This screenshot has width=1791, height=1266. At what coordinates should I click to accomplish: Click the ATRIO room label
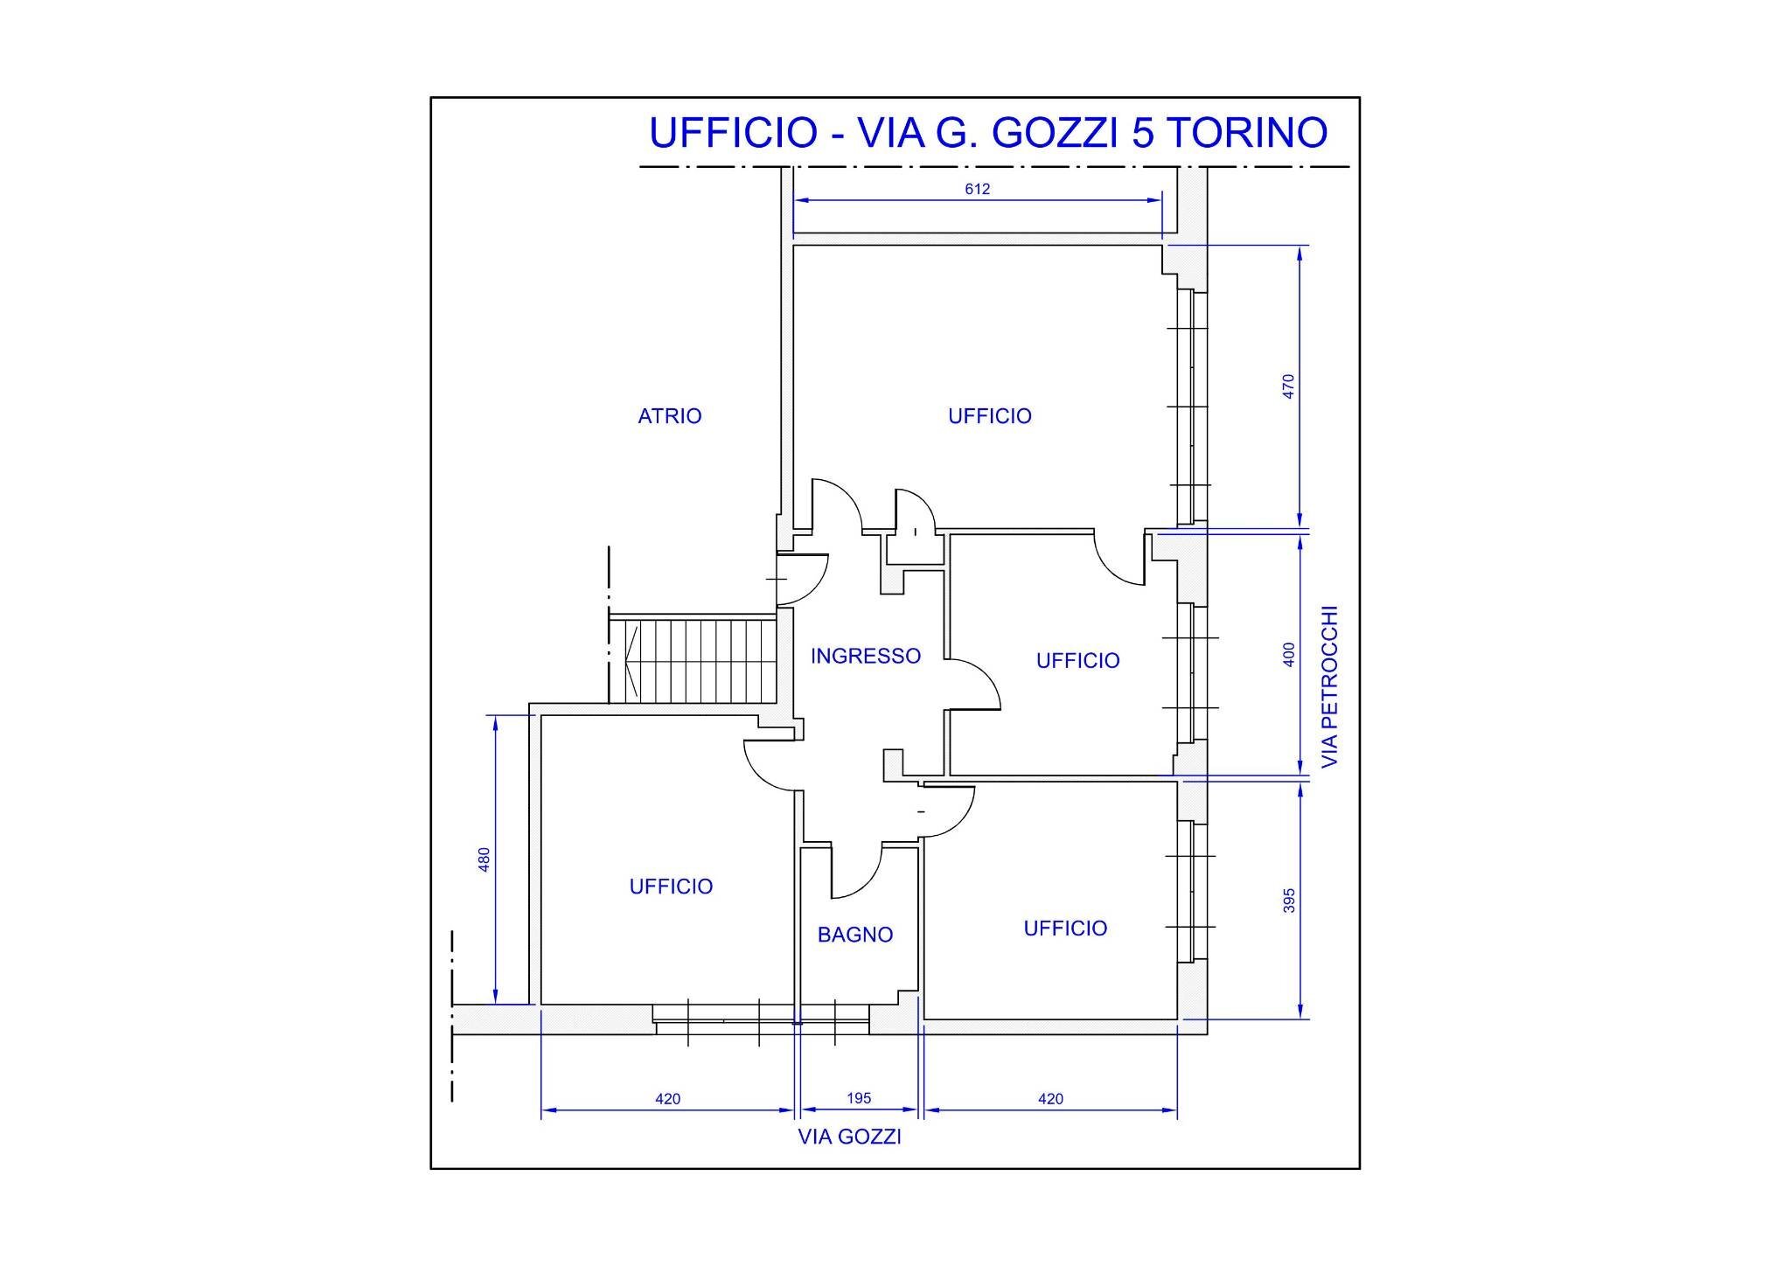pyautogui.click(x=669, y=416)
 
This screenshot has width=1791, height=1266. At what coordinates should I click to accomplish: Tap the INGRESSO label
pyautogui.click(x=865, y=656)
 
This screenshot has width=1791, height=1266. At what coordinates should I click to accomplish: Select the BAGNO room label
pyautogui.click(x=854, y=935)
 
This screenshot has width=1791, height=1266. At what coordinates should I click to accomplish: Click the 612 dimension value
pyautogui.click(x=977, y=189)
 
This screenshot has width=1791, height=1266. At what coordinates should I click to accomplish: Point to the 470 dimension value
pyautogui.click(x=1288, y=386)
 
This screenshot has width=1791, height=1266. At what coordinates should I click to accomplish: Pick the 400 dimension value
pyautogui.click(x=1288, y=654)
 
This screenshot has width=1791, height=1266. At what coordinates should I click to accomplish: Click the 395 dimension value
pyautogui.click(x=1288, y=901)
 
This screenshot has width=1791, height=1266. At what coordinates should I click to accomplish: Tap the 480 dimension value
pyautogui.click(x=484, y=859)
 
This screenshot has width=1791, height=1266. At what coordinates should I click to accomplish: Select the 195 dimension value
pyautogui.click(x=859, y=1098)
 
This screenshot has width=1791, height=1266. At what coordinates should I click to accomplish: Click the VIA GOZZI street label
pyautogui.click(x=849, y=1137)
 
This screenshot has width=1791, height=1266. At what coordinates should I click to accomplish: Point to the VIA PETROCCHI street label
pyautogui.click(x=1329, y=687)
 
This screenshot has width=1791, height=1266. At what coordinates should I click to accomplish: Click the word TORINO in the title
pyautogui.click(x=1247, y=133)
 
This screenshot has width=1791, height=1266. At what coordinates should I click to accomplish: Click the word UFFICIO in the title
pyautogui.click(x=732, y=133)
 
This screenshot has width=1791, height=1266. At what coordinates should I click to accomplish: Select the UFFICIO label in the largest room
pyautogui.click(x=989, y=416)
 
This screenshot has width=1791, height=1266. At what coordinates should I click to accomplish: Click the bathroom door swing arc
pyautogui.click(x=866, y=883)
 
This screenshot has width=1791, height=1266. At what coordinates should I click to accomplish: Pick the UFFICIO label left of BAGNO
pyautogui.click(x=671, y=887)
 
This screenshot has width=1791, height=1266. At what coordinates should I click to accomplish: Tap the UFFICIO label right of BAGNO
pyautogui.click(x=1064, y=928)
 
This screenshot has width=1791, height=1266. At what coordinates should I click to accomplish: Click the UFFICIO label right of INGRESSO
pyautogui.click(x=1077, y=660)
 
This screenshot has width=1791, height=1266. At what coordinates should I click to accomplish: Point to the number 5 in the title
pyautogui.click(x=1142, y=133)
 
